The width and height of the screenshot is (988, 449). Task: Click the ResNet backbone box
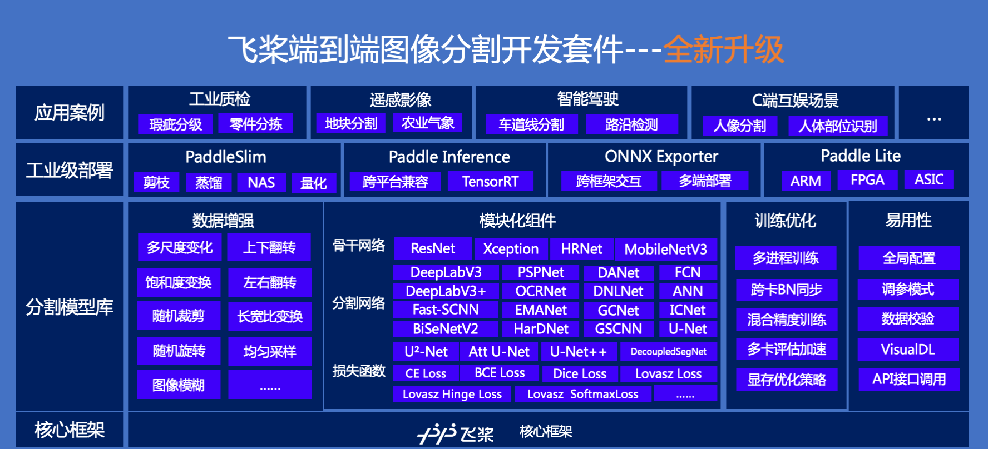point(433,248)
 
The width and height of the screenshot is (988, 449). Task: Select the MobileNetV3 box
point(666,249)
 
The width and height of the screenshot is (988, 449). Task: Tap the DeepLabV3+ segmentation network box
point(446,291)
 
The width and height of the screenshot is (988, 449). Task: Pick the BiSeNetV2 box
point(446,329)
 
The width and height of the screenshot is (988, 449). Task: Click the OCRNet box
point(541,291)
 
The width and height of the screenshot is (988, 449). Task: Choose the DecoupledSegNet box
point(669,352)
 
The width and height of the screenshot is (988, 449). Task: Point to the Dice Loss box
point(580,374)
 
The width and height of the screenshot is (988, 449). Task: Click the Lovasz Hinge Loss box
point(452,394)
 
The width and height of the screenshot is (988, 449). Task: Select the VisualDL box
point(908,350)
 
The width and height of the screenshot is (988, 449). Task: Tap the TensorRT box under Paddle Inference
point(490,182)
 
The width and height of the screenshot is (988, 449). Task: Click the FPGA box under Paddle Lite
point(867,180)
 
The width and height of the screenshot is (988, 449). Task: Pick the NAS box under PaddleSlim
point(261,183)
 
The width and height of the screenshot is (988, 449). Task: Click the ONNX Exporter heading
point(661,157)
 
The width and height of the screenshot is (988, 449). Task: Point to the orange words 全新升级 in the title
point(724,50)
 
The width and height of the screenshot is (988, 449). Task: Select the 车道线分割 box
point(531,124)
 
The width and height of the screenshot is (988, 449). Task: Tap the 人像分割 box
point(740,126)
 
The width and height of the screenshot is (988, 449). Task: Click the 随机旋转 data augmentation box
point(179,351)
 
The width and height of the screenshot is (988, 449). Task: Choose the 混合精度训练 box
point(787,320)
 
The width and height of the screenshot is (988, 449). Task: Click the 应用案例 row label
point(70,113)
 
